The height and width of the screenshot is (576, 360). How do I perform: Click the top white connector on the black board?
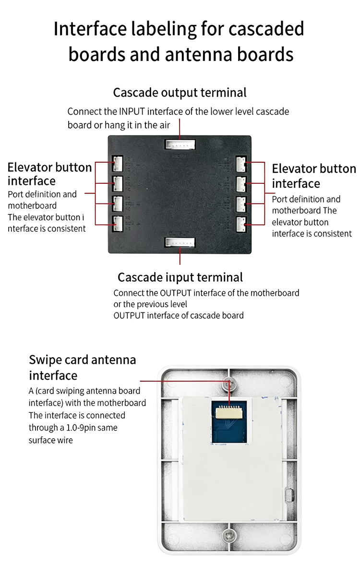click(180, 144)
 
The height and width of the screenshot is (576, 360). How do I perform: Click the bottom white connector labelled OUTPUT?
click(180, 242)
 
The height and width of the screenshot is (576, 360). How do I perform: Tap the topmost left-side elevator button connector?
click(118, 164)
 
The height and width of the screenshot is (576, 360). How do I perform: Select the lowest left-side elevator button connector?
click(118, 224)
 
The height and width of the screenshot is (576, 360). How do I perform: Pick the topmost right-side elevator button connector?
click(241, 164)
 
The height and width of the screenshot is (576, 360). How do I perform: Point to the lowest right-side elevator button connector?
click(241, 225)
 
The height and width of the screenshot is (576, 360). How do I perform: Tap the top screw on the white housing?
click(229, 384)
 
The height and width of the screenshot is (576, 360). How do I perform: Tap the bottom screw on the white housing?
click(229, 536)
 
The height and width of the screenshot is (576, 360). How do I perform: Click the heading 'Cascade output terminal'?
click(180, 93)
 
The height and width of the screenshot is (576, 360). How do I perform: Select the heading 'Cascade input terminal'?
click(180, 277)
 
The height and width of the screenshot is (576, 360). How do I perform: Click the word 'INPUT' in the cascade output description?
click(132, 111)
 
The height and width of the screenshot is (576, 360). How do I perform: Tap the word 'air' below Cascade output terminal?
click(164, 125)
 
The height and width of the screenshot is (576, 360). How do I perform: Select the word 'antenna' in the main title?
click(199, 55)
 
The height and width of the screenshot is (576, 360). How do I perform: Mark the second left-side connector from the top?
click(118, 183)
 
